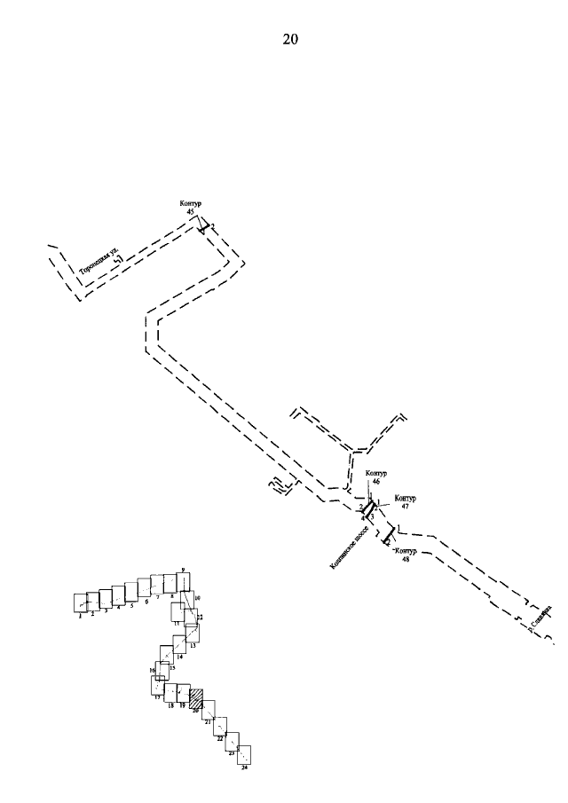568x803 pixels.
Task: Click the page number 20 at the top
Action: tap(290, 39)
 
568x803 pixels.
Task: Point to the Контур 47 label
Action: tap(404, 501)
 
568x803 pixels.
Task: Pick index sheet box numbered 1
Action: tap(80, 602)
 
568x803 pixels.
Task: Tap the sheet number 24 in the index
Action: tap(244, 768)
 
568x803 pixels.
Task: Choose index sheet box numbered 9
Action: tap(183, 581)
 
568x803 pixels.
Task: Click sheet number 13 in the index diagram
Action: tap(193, 646)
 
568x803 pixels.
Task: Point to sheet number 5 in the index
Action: tap(131, 605)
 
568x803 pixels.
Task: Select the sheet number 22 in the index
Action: tap(220, 737)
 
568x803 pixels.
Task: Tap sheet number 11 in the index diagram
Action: tap(177, 624)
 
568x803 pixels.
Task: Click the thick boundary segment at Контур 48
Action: tap(388, 535)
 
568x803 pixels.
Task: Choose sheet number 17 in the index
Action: tap(157, 697)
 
